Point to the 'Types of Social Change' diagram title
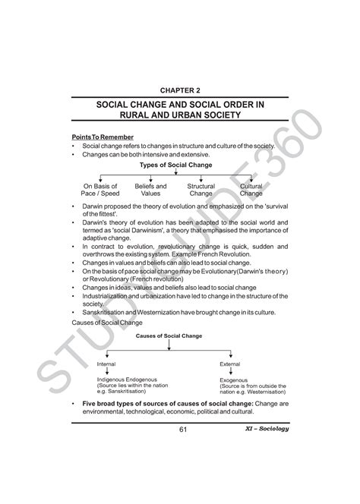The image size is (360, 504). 176,165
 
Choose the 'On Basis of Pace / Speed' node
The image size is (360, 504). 101,190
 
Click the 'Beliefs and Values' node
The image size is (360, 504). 150,190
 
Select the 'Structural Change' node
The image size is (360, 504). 201,190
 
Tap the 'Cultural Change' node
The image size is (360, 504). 251,190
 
